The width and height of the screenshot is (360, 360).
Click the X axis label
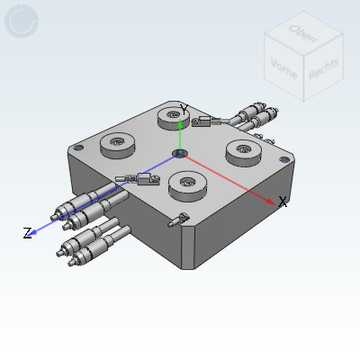coord(283,202)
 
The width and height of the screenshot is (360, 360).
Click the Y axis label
coord(184,109)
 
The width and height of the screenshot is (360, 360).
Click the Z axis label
coord(27,234)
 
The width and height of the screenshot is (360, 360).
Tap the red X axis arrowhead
coord(270,200)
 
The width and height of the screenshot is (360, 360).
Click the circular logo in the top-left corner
coord(21,21)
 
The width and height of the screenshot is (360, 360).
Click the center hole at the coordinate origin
coord(180,151)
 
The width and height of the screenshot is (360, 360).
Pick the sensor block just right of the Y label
coord(205,121)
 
